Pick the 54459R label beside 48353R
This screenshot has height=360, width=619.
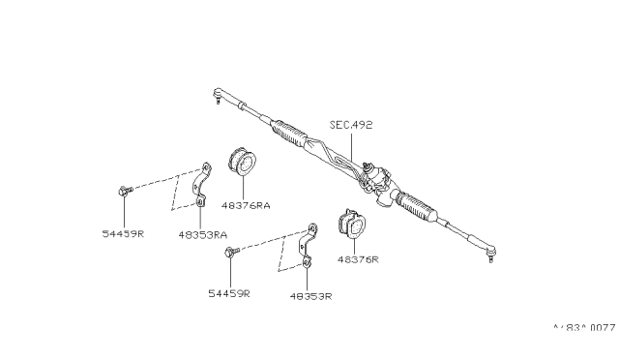[227, 291]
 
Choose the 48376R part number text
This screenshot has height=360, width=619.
[357, 259]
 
